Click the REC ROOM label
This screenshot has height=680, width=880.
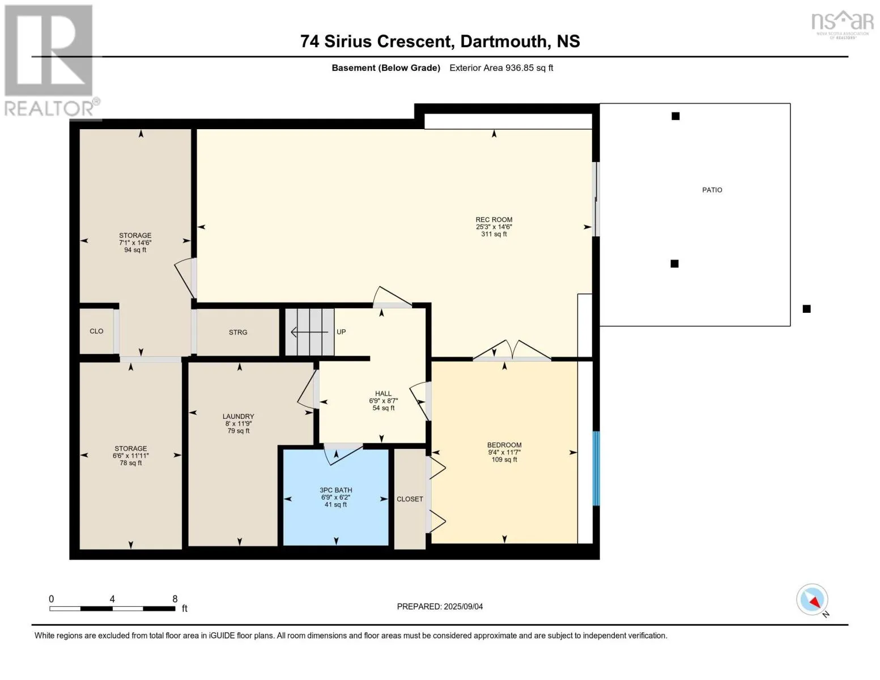tap(494, 219)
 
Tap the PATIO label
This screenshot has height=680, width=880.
tap(712, 190)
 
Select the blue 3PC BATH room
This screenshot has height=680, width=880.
tap(335, 498)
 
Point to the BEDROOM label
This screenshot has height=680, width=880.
tap(504, 445)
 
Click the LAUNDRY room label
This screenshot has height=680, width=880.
tap(238, 416)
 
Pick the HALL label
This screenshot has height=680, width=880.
tap(383, 393)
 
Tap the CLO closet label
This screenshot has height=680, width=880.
tap(96, 331)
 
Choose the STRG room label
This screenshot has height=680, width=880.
tap(238, 332)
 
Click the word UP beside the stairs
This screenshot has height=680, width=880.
tap(341, 331)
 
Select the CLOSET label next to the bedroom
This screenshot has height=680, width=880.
tap(410, 499)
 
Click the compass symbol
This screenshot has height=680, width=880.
tap(812, 600)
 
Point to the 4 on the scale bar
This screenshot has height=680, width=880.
tap(112, 599)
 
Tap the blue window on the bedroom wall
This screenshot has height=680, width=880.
tap(596, 468)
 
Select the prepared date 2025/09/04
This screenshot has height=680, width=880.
tap(464, 606)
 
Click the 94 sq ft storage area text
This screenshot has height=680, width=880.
tap(135, 250)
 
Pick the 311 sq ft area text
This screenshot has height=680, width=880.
tap(494, 234)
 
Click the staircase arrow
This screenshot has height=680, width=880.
tap(309, 332)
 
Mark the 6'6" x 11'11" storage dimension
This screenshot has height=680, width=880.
tap(130, 456)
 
